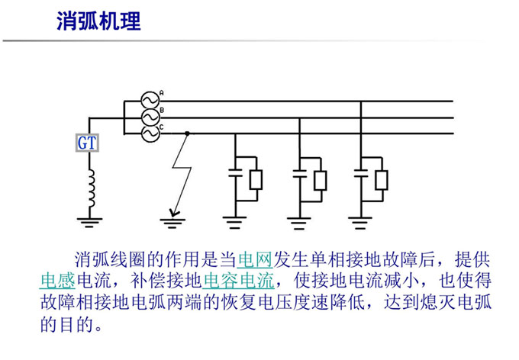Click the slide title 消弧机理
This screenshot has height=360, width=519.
[x=99, y=21]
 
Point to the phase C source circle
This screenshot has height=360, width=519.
[x=150, y=133]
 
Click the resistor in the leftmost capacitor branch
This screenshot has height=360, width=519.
[x=256, y=179]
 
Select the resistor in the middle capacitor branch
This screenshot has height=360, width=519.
[x=321, y=179]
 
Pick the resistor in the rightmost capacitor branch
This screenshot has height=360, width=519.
[x=382, y=179]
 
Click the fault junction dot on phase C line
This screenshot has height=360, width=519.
[x=187, y=133]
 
